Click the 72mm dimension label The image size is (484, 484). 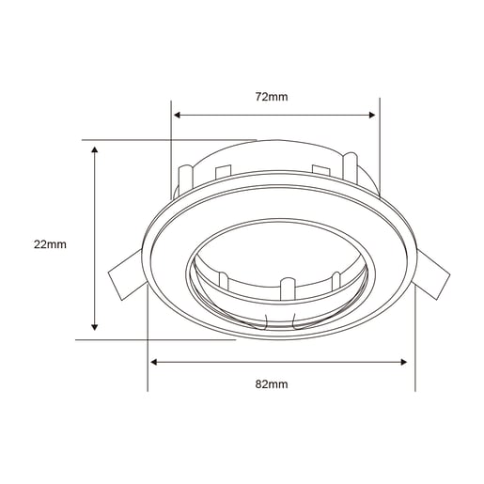point(272,97)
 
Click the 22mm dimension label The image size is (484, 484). point(50,244)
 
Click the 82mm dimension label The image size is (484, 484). point(272,384)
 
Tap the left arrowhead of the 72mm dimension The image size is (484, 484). point(177,115)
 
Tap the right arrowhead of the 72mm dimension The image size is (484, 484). point(372,115)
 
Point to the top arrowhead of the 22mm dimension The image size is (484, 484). point(94,149)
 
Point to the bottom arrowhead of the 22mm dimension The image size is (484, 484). point(94,327)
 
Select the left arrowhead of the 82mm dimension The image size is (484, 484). point(154,362)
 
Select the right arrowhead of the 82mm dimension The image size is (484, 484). point(403,362)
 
